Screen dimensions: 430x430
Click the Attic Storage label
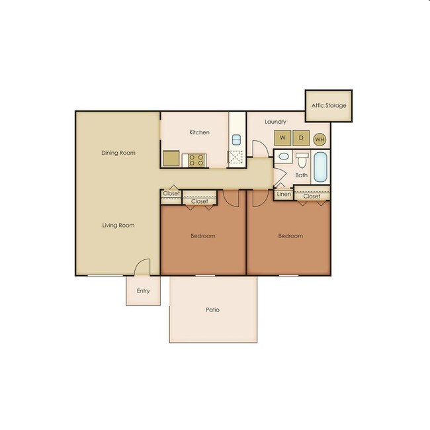click(329, 106)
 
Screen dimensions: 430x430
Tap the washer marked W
click(282, 138)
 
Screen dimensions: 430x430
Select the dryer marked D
click(300, 138)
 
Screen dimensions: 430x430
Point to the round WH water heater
click(320, 139)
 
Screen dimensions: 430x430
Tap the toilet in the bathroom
click(302, 161)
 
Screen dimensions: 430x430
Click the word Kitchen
click(199, 132)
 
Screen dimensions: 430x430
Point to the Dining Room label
click(118, 153)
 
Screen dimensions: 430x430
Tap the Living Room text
click(118, 226)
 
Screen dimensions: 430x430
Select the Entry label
click(144, 291)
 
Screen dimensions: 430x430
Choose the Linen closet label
click(284, 194)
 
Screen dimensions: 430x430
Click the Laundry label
click(275, 122)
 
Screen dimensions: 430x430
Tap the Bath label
click(302, 175)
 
